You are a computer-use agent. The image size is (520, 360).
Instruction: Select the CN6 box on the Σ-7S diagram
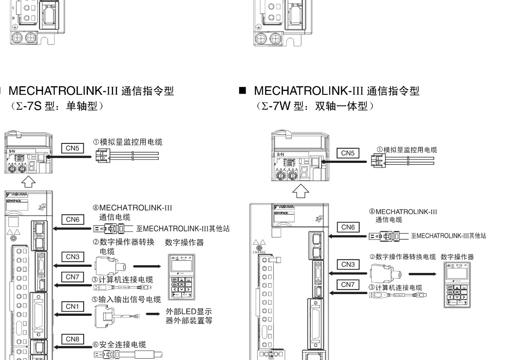[72, 220]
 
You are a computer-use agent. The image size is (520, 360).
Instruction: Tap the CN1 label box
[72, 307]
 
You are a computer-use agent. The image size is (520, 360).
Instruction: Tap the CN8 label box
[72, 339]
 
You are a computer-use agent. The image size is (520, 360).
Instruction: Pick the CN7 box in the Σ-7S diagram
[72, 276]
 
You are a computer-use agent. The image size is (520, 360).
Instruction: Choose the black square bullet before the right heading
[242, 92]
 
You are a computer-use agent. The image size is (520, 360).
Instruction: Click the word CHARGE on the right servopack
[256, 251]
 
